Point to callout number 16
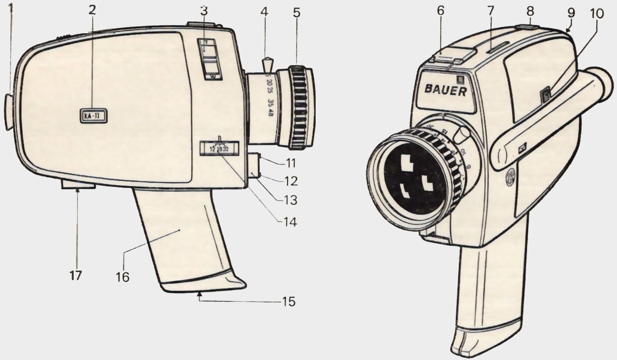coord(123,276)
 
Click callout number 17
coord(76,275)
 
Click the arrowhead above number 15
coord(200,295)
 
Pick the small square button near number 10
coord(545,96)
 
